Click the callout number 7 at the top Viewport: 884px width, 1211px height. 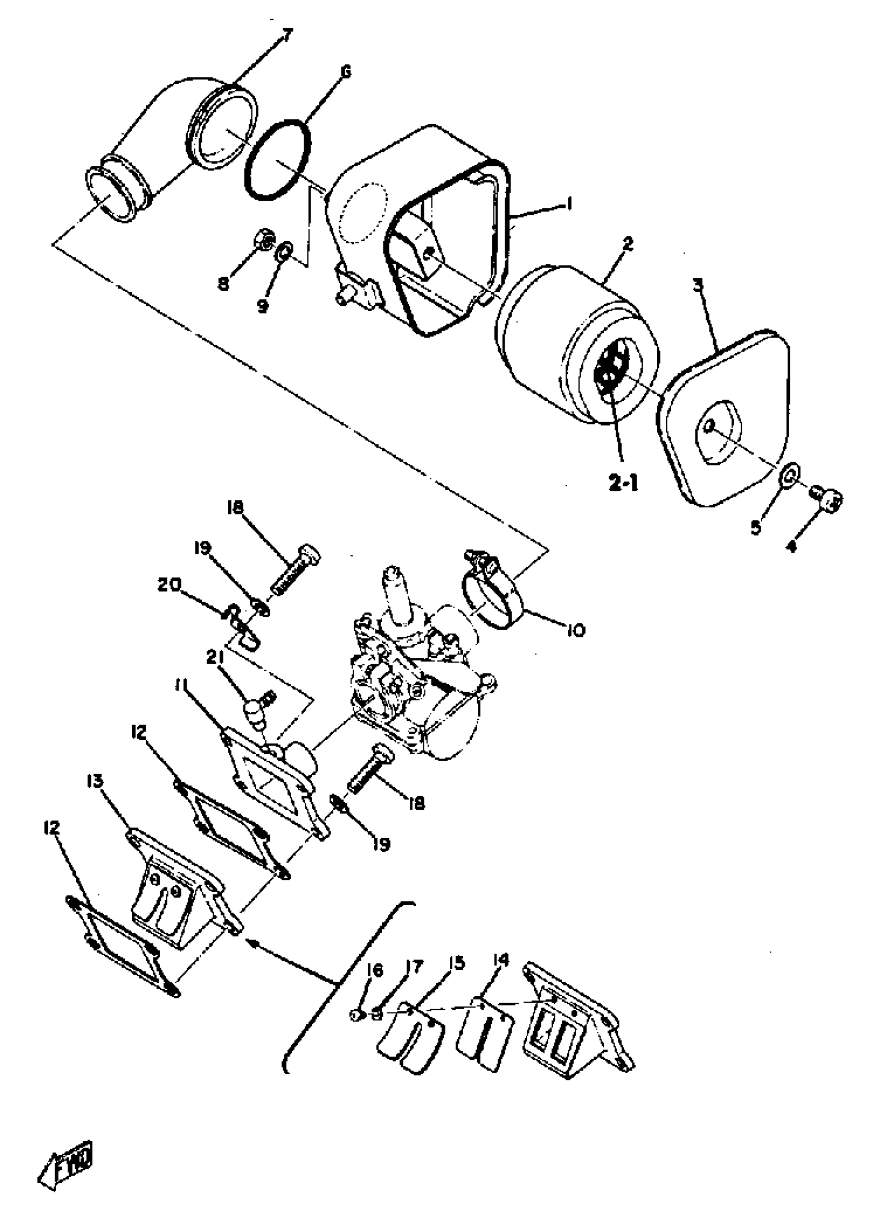pyautogui.click(x=288, y=36)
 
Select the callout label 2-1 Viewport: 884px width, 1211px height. pyautogui.click(x=623, y=482)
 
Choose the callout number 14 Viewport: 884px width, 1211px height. pyautogui.click(x=501, y=960)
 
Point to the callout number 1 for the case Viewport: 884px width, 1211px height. pyautogui.click(x=569, y=204)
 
